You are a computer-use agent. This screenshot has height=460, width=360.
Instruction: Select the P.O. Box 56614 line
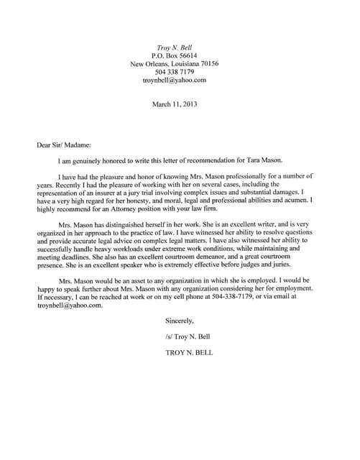pyautogui.click(x=174, y=55)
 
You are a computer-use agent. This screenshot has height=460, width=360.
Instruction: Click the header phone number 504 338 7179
pyautogui.click(x=174, y=72)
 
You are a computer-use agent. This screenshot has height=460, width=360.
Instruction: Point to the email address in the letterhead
pyautogui.click(x=174, y=80)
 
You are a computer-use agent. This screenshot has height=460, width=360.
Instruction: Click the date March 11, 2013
pyautogui.click(x=174, y=104)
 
